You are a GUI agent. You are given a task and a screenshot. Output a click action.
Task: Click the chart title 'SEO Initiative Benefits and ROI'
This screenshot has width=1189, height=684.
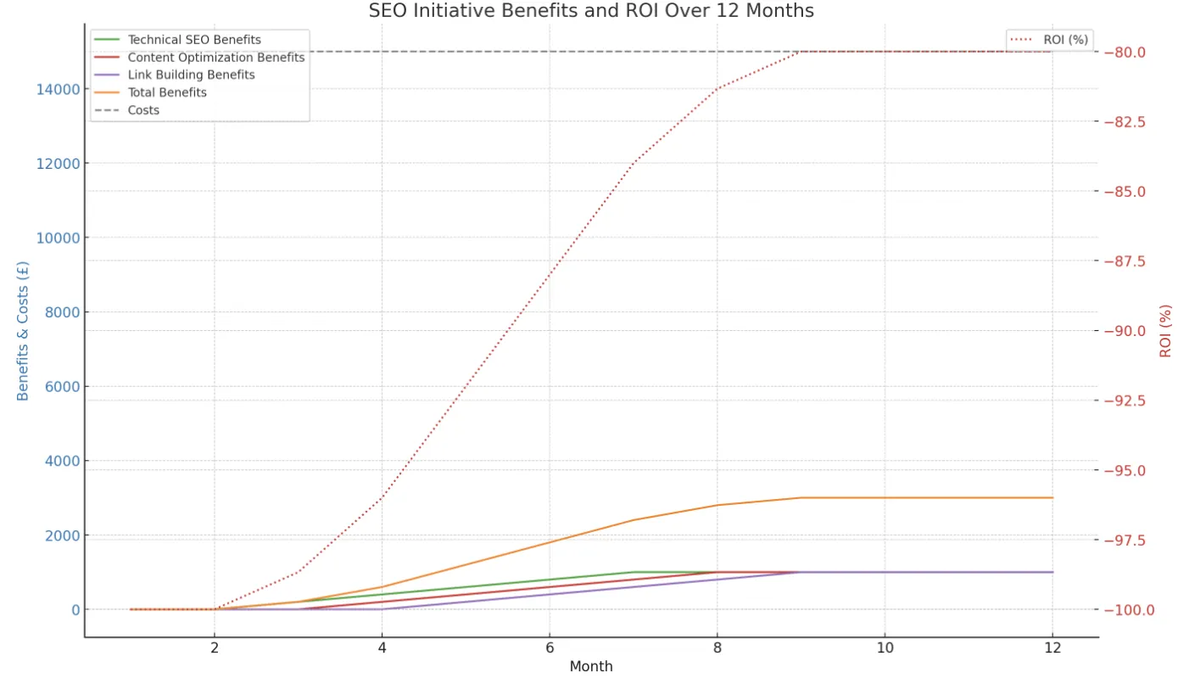click(x=591, y=11)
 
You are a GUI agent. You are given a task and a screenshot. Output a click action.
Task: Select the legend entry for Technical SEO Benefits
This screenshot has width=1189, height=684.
click(x=193, y=40)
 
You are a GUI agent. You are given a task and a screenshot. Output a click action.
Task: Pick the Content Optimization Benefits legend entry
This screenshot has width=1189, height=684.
click(x=215, y=58)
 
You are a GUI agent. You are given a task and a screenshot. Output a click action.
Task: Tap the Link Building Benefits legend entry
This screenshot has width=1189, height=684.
click(x=191, y=75)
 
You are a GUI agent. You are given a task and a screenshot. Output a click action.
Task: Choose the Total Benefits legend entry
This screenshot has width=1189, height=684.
click(x=166, y=93)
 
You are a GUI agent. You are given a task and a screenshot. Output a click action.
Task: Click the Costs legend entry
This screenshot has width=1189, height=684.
click(x=143, y=110)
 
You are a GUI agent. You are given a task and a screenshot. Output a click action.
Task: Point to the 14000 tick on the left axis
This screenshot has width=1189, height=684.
click(x=58, y=89)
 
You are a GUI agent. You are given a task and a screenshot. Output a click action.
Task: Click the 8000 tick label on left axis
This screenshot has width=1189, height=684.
click(x=61, y=312)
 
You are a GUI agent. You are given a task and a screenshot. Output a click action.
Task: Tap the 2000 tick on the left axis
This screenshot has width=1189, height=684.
click(x=61, y=535)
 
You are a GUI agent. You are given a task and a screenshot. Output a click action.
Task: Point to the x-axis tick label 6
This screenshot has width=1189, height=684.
click(x=550, y=648)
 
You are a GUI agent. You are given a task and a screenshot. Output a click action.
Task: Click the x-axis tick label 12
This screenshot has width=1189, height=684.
click(x=1052, y=648)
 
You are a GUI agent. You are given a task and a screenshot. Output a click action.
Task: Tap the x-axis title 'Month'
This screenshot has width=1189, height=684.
click(x=591, y=667)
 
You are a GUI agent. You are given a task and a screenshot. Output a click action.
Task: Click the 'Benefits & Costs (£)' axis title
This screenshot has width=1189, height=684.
click(x=23, y=331)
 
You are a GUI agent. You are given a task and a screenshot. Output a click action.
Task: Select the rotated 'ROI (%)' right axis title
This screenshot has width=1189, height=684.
click(x=1166, y=331)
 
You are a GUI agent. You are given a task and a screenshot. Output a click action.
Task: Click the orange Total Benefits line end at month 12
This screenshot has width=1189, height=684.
click(x=1052, y=498)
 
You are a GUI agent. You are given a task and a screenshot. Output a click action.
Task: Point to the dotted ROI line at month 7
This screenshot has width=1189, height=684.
click(x=634, y=163)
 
